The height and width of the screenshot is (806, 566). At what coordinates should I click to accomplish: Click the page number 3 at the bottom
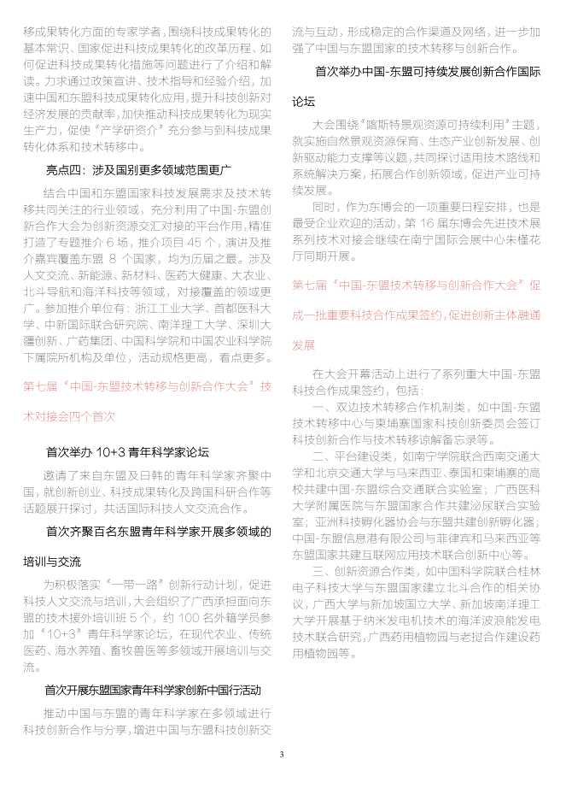pos(282,755)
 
